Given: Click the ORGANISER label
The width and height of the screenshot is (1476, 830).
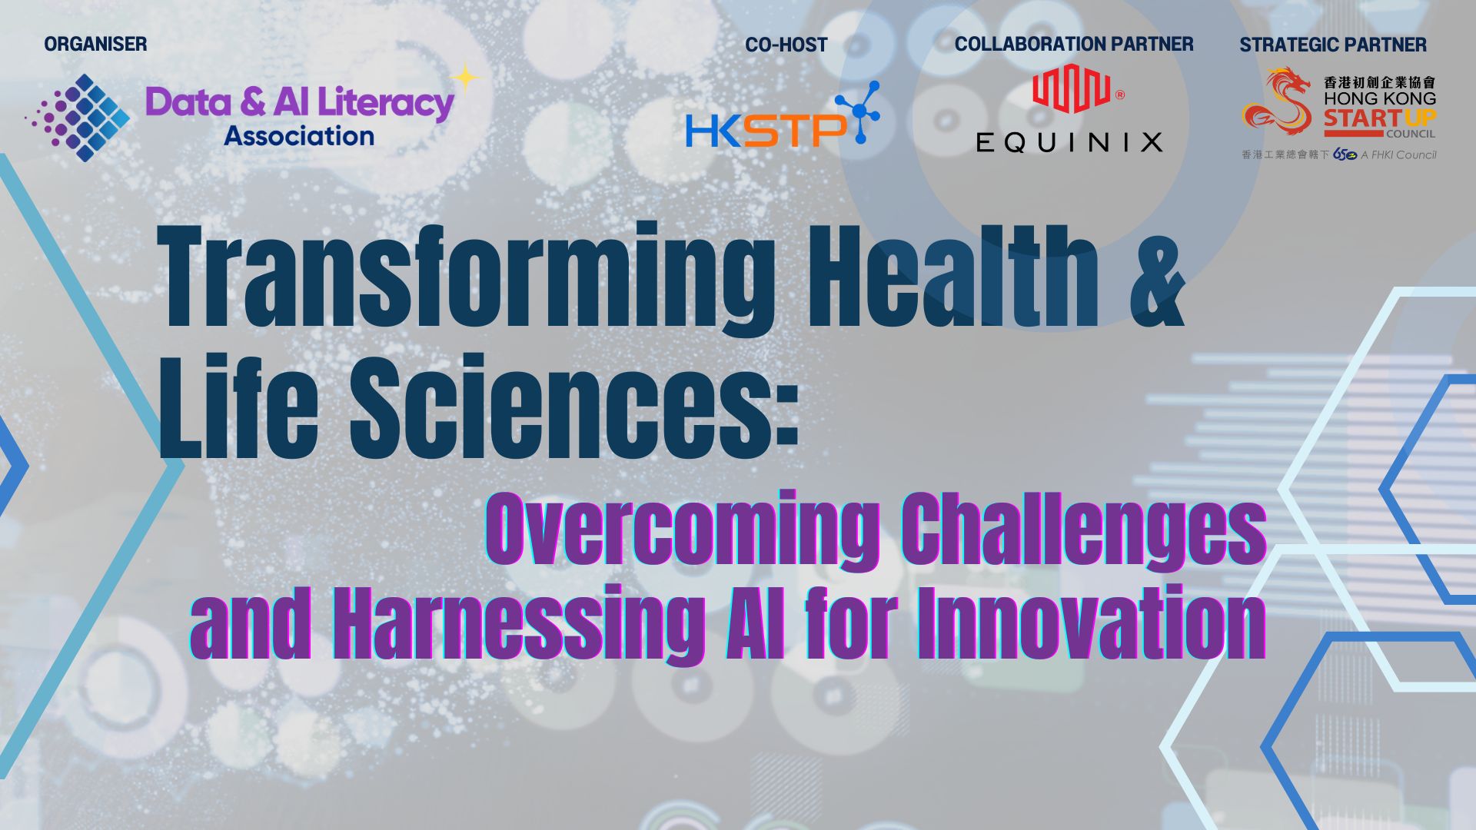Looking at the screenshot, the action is point(95,45).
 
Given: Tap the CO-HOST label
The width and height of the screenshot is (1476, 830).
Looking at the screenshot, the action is point(786,45).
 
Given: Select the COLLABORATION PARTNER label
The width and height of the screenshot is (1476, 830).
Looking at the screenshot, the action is point(1074,45).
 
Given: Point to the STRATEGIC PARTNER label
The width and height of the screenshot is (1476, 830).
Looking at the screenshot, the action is point(1333,45).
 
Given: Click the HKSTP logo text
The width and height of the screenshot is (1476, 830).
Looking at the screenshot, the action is point(765,131).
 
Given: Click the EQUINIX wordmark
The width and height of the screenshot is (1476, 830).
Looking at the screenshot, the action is point(1069,142).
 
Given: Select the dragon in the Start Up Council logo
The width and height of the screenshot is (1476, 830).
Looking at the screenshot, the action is point(1276,101).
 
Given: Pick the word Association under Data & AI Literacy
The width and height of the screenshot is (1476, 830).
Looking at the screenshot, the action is point(299,137).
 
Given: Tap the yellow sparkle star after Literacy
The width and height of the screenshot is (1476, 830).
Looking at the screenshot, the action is point(465,78).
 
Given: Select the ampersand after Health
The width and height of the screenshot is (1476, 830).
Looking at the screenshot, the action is point(1157,277).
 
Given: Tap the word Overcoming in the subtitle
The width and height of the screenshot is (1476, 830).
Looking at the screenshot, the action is point(683,530).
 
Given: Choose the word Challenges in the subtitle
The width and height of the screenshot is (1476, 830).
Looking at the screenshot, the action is point(1084,530).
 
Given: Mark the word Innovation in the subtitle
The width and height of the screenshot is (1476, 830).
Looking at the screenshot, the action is point(1092,622).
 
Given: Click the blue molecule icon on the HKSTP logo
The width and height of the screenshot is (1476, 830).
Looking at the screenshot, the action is point(859,112).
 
